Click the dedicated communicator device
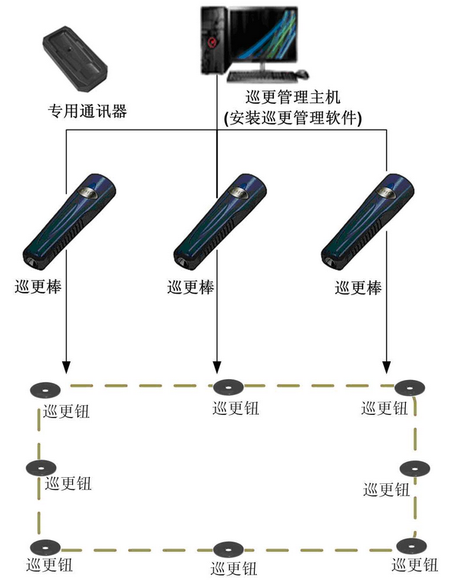75,58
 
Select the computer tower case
215,39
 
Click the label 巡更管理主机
295,98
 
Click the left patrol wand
68,221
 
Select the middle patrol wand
221,221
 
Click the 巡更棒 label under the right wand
358,287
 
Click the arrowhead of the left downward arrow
66,369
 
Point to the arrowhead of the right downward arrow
388,369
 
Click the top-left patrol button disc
46,391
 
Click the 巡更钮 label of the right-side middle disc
387,489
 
